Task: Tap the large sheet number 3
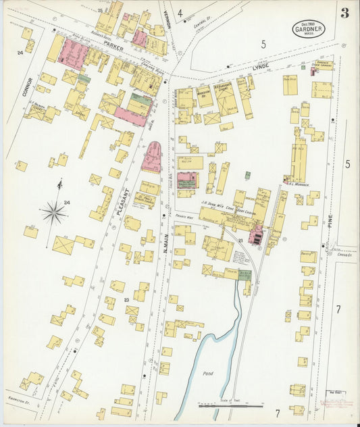[x=344, y=13]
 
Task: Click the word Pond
[x=209, y=373]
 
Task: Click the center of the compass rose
[x=53, y=213]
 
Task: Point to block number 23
[x=126, y=300]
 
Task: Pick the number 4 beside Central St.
[x=180, y=13]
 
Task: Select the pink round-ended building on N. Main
[x=152, y=157]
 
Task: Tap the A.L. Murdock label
[x=298, y=184]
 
